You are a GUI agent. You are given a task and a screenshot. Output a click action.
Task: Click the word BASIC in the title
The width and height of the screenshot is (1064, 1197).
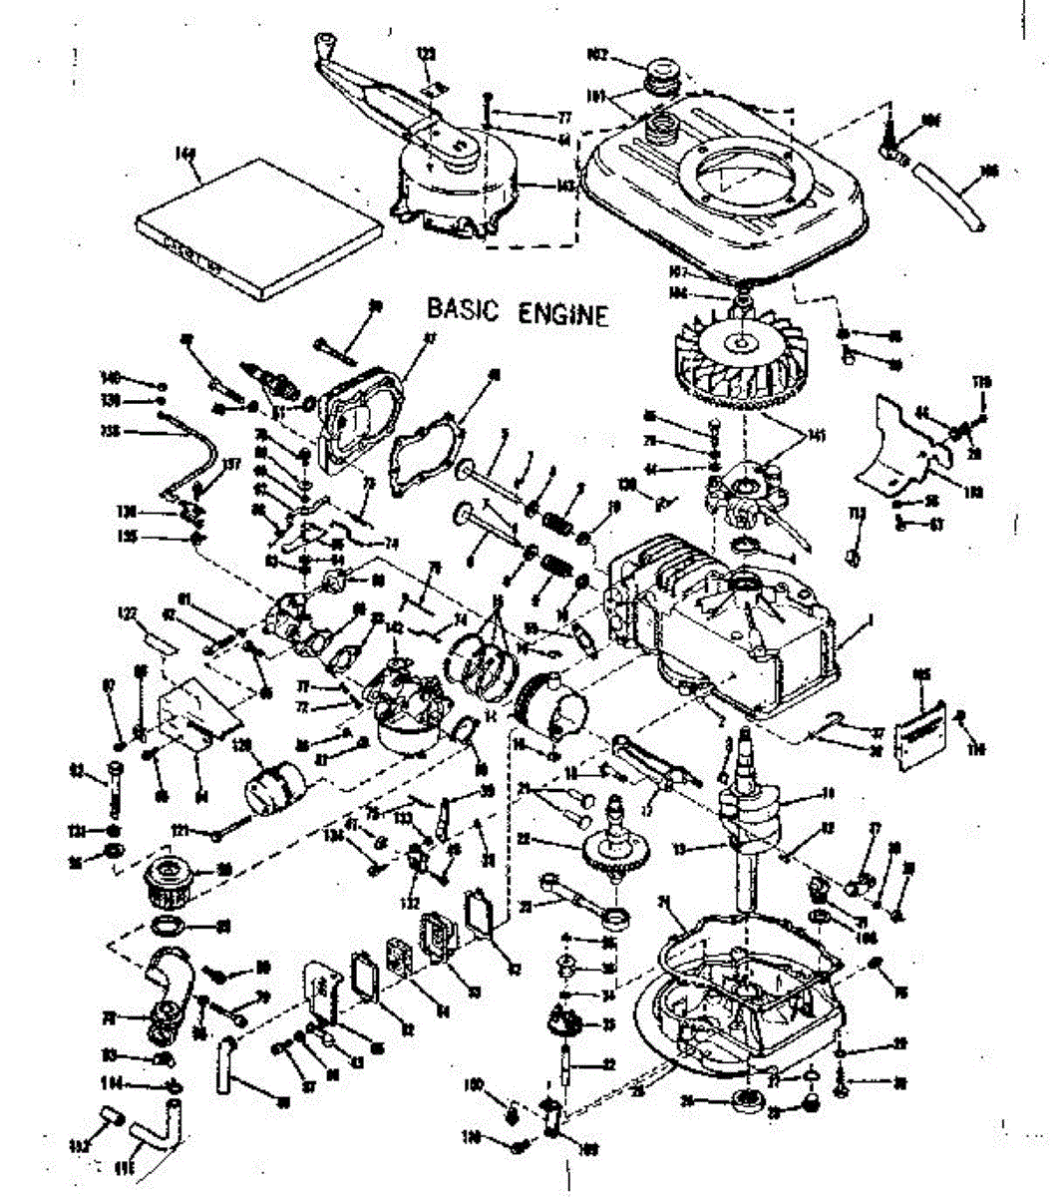462,309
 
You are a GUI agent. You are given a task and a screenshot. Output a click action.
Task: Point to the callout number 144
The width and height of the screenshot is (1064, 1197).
184,154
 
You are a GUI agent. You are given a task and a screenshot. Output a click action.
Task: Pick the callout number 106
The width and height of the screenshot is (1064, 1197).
989,171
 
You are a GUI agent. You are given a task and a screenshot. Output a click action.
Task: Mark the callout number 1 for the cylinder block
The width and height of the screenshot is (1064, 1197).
873,619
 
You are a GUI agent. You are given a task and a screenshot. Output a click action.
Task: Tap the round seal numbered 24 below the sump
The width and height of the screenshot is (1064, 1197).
742,1101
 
